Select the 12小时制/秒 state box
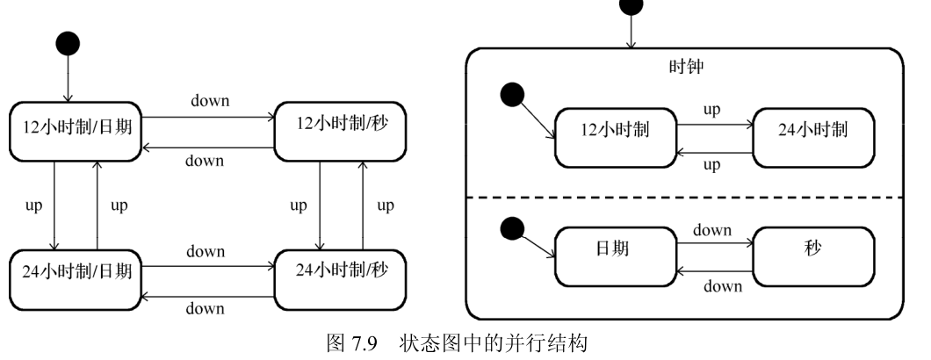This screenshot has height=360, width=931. [x=340, y=130]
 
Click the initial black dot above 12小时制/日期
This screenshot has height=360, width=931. [x=68, y=42]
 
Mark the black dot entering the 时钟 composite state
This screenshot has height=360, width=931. [x=631, y=5]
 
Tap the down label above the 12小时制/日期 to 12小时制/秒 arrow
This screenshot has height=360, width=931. [x=210, y=101]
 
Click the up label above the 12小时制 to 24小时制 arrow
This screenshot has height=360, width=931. [x=712, y=109]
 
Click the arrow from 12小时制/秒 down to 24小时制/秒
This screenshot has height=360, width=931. [x=319, y=205]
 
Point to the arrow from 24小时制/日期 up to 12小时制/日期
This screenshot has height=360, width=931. [x=97, y=205]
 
